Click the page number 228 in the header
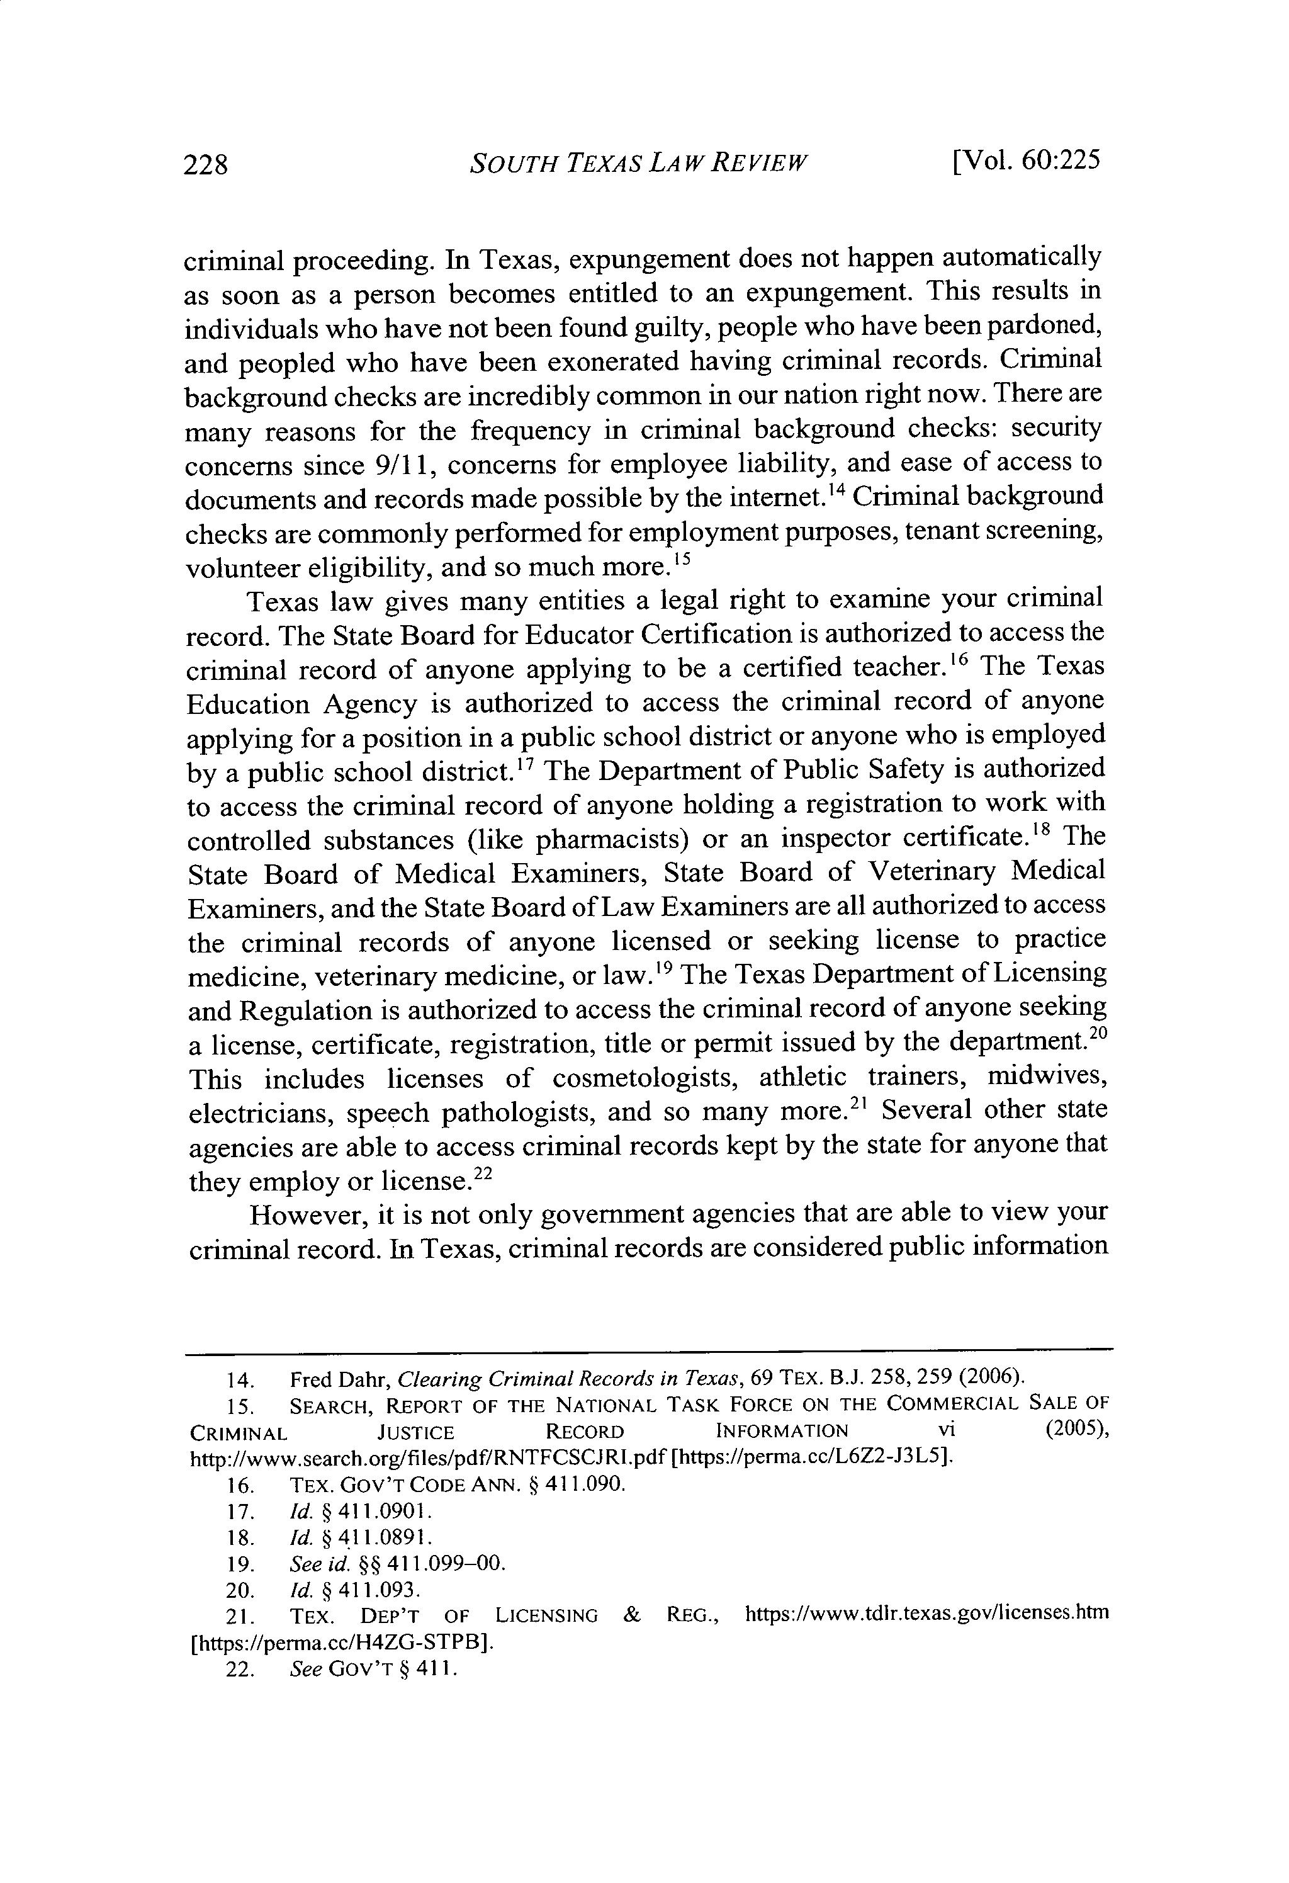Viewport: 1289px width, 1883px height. (x=206, y=164)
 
